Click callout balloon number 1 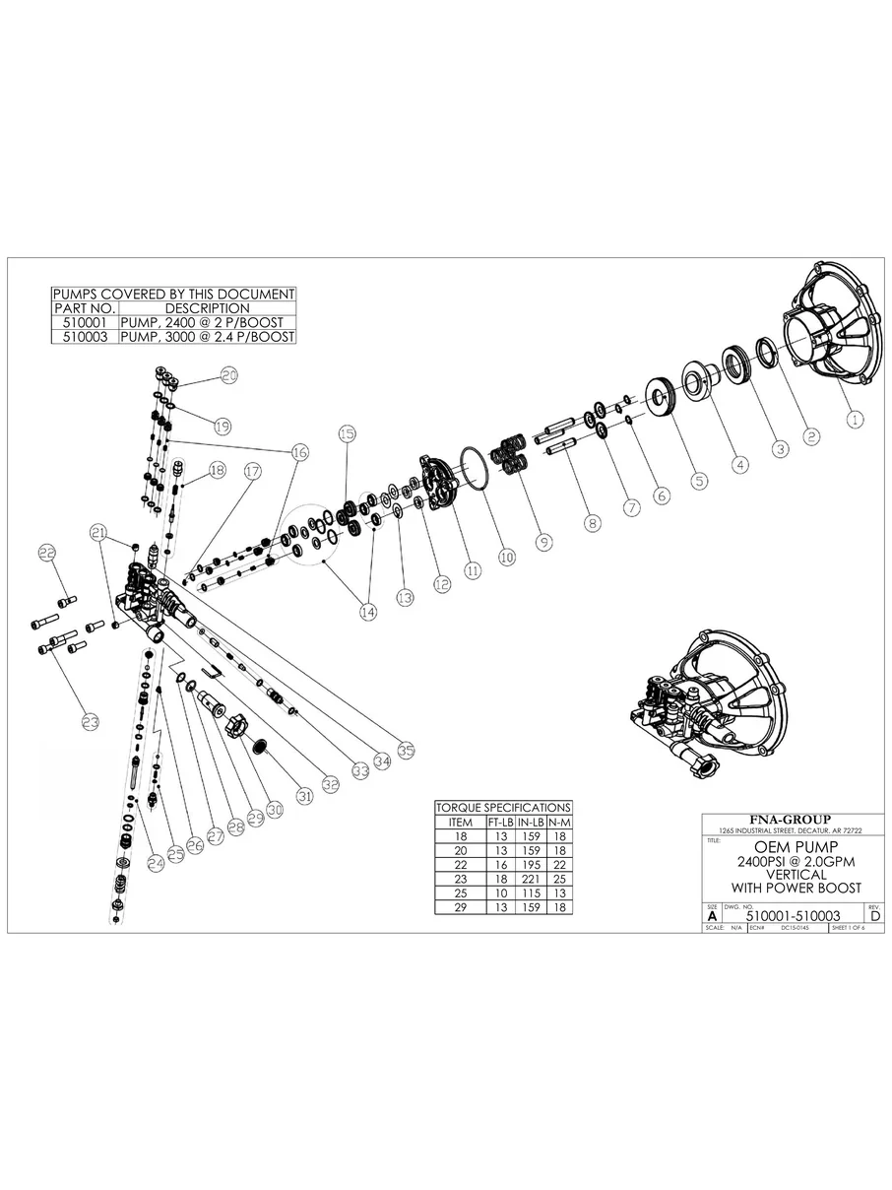855,418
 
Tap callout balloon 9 542,541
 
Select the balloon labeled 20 228,375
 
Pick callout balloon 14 367,612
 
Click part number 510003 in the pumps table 83,336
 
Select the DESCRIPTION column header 207,308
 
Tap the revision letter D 875,915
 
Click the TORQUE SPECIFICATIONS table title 503,807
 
